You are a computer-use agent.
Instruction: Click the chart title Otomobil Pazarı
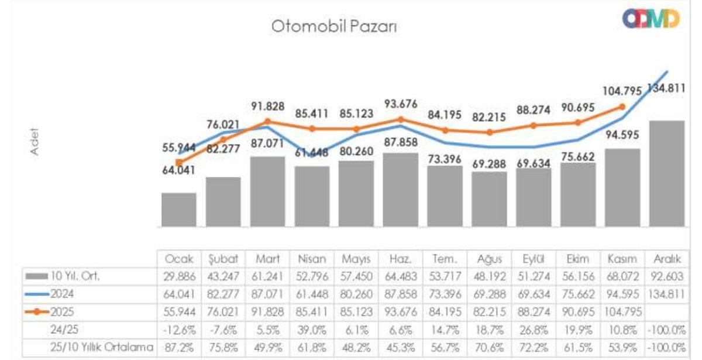334,27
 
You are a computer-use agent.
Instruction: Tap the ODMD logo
651,19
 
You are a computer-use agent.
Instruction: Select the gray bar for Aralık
666,174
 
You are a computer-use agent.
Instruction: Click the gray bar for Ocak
179,210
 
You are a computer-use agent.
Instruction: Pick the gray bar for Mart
267,191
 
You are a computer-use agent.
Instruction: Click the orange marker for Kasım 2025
622,107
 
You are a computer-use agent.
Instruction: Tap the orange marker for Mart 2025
267,122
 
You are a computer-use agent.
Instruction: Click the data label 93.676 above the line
401,105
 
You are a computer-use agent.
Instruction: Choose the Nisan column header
312,259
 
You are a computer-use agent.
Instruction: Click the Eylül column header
533,259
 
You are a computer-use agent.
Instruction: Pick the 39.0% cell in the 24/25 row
312,330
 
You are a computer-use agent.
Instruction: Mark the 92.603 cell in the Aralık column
666,276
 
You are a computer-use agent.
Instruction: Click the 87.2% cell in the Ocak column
179,347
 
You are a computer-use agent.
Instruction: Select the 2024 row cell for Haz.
401,294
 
